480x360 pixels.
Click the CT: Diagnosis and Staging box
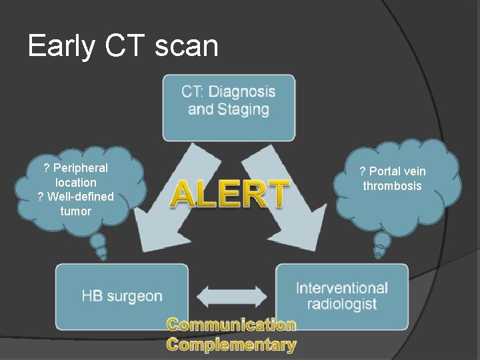[x=229, y=107]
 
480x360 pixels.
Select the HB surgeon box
[x=122, y=297]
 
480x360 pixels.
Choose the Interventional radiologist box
[x=342, y=297]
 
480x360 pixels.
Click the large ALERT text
[x=230, y=194]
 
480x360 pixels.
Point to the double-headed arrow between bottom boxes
[x=232, y=297]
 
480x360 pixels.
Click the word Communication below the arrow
[x=231, y=325]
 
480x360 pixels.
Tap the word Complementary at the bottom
[x=231, y=345]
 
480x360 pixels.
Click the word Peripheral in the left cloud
[x=80, y=167]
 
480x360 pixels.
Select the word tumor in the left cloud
[x=75, y=211]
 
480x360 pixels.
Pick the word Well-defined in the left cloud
[x=81, y=197]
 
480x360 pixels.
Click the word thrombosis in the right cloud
[x=392, y=186]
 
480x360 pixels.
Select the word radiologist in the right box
[x=342, y=305]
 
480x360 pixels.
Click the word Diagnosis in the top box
[x=242, y=92]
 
